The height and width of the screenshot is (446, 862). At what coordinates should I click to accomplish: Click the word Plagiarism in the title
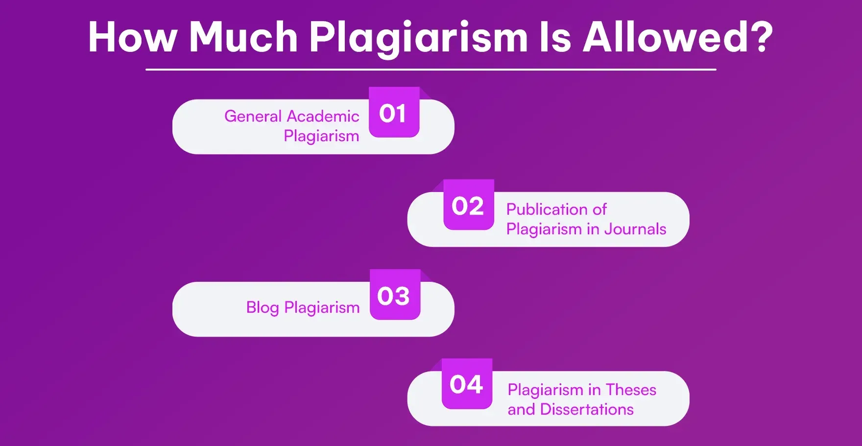coord(418,38)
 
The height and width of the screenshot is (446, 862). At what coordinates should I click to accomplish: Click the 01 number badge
coord(394,113)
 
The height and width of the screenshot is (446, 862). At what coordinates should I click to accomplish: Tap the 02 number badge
coord(468,205)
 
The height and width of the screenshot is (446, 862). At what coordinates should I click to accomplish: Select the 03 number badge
coord(394,296)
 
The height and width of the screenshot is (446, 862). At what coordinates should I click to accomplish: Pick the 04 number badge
coord(467,384)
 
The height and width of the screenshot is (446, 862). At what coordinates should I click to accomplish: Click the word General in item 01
coord(253,116)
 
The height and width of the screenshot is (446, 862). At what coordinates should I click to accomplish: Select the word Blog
coord(263,308)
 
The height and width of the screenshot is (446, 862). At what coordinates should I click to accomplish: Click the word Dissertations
coord(587,409)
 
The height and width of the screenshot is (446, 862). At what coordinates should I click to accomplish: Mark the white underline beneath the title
coord(431,70)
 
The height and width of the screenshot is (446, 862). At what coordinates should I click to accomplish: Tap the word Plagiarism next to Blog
coord(322,308)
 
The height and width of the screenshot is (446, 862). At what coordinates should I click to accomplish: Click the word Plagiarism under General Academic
coord(321,136)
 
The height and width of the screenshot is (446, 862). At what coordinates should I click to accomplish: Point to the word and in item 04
coord(521,409)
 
